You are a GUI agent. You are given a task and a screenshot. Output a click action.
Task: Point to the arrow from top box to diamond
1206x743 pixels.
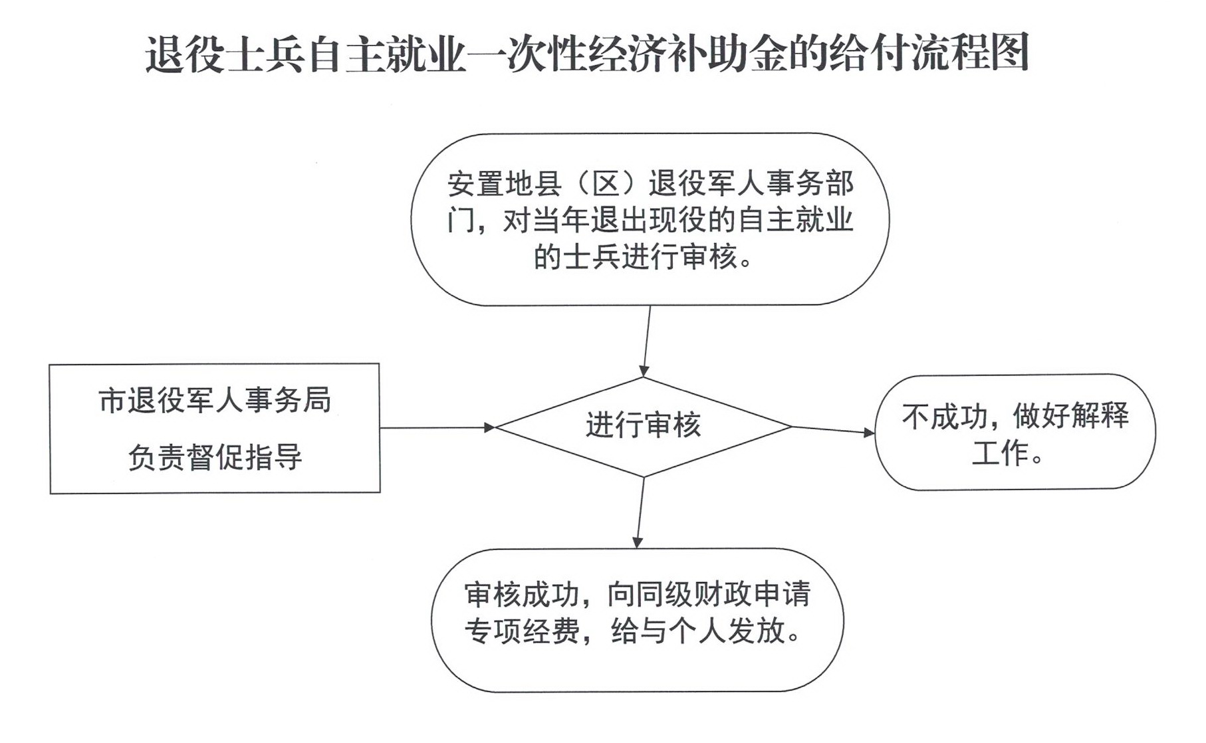[646, 342]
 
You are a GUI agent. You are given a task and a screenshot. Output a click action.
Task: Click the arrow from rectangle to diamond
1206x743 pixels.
[437, 427]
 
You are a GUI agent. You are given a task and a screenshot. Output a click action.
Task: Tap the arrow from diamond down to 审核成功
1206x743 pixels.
[640, 512]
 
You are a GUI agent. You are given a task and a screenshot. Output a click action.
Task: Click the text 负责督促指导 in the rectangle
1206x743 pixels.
[215, 457]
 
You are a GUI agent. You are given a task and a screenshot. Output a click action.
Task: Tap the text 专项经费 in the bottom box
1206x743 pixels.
[522, 631]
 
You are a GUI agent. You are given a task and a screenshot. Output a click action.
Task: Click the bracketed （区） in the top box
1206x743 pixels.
[604, 184]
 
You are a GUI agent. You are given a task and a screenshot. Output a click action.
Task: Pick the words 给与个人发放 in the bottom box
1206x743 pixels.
[698, 630]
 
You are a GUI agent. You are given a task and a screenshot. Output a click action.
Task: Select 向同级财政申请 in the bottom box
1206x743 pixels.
[709, 594]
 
